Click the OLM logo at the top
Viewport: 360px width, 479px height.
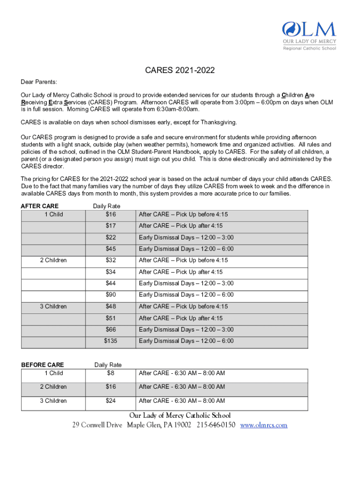[309, 35]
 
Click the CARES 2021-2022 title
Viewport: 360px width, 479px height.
[180, 71]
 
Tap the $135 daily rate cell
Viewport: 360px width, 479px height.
[110, 341]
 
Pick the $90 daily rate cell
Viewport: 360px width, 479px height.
[110, 295]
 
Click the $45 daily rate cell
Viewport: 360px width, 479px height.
[110, 249]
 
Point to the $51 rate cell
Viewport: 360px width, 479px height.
[110, 318]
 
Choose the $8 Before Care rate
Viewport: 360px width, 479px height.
[110, 373]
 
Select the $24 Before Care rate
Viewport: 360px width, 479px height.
[110, 401]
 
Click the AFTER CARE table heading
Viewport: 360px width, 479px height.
[40, 206]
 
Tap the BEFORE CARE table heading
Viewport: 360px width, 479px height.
[43, 365]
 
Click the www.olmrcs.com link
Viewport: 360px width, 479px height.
[264, 425]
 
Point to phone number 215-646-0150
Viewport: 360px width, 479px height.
[216, 425]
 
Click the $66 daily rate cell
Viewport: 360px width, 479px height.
[110, 330]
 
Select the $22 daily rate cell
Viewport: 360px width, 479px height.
[110, 237]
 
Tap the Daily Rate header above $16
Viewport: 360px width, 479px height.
[107, 206]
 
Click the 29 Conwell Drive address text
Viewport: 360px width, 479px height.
[97, 425]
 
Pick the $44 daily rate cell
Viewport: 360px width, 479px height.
[110, 283]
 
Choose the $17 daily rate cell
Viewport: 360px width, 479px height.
[110, 226]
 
